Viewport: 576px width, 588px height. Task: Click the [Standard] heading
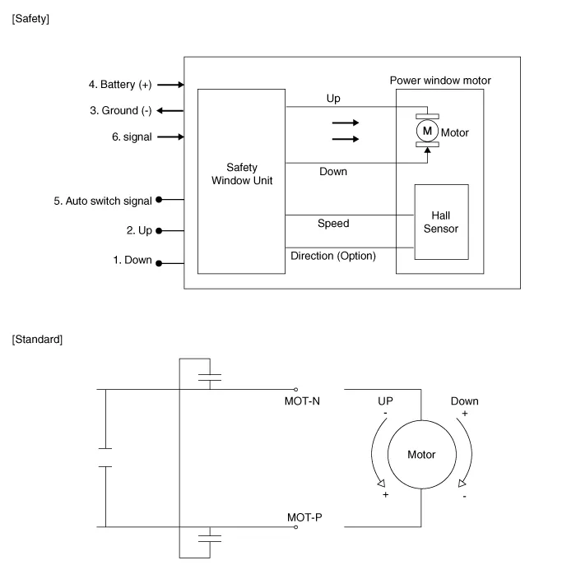(x=37, y=339)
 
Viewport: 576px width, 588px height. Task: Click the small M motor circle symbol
(x=426, y=131)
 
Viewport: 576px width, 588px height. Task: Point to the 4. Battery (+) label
(x=120, y=85)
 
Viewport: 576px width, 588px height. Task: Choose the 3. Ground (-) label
(x=120, y=110)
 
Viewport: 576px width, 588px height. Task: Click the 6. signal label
(x=132, y=137)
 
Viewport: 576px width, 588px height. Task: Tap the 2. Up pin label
(x=139, y=231)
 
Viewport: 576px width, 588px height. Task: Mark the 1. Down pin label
(x=132, y=261)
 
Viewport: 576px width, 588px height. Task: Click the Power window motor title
(x=440, y=81)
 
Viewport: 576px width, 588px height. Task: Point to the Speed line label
(x=333, y=223)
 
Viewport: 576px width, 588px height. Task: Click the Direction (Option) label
(x=333, y=256)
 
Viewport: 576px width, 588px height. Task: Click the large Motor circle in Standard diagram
(x=421, y=455)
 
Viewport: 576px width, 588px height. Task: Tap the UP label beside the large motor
(x=385, y=401)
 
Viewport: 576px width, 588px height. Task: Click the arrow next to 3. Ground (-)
(x=170, y=110)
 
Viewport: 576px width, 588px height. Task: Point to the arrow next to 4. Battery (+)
(x=170, y=85)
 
